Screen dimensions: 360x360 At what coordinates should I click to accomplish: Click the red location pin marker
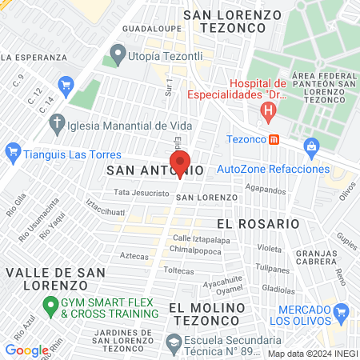pyautogui.click(x=180, y=162)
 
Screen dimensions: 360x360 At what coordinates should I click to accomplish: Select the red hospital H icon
pyautogui.click(x=270, y=110)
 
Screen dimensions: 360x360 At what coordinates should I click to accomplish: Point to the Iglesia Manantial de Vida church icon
pyautogui.click(x=56, y=123)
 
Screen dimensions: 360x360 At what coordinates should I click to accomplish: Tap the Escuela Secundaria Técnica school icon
pyautogui.click(x=174, y=342)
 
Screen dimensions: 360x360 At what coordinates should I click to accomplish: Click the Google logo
pyautogui.click(x=26, y=350)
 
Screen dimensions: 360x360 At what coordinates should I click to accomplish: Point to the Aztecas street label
pyautogui.click(x=112, y=256)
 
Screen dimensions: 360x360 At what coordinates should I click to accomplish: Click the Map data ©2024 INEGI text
pyautogui.click(x=312, y=354)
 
